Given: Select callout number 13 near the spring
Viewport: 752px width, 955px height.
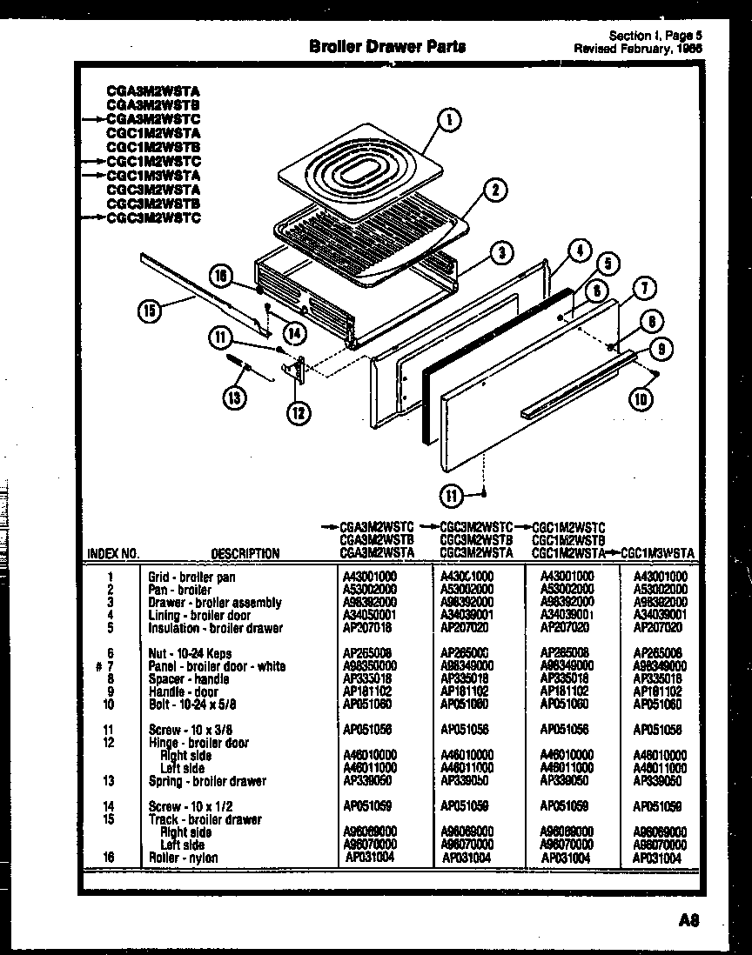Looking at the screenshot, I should point(234,397).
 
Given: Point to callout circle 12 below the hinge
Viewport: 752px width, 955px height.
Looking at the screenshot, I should point(298,412).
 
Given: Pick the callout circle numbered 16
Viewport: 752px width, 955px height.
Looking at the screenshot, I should point(222,276).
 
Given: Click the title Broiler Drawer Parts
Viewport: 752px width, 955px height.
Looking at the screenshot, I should point(387,47).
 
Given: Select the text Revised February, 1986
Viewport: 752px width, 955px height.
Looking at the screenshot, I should point(638,49).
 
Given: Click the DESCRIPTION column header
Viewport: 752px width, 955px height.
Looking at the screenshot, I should point(245,553).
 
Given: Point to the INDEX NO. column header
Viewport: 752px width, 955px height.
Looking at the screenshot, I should point(113,553).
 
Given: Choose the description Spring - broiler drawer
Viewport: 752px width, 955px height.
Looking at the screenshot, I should point(207,781).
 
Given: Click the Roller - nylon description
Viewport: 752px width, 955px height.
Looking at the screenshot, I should point(183,858).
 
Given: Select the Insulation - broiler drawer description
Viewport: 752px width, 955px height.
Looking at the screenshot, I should point(215,628).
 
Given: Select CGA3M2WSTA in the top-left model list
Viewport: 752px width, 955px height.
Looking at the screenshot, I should point(153,90).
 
